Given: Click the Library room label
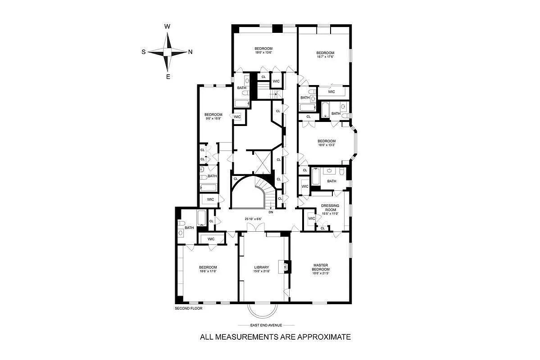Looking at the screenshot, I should pyautogui.click(x=261, y=267).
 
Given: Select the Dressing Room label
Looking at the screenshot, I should pyautogui.click(x=330, y=208).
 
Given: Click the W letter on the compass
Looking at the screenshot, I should pyautogui.click(x=167, y=27).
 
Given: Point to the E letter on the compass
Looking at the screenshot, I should pyautogui.click(x=168, y=76).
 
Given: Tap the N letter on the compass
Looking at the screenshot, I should pyautogui.click(x=190, y=52).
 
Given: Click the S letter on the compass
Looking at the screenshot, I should pyautogui.click(x=144, y=52).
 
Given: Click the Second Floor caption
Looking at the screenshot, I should pyautogui.click(x=188, y=309).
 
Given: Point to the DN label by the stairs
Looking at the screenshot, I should pyautogui.click(x=271, y=212).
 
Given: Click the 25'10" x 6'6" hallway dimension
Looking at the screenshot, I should pyautogui.click(x=253, y=219).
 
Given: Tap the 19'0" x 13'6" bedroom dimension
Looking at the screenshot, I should pyautogui.click(x=263, y=53).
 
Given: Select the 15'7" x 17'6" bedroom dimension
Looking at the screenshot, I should pyautogui.click(x=325, y=57).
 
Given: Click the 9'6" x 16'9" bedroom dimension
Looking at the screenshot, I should pyautogui.click(x=211, y=118).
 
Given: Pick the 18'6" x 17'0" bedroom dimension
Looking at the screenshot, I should pyautogui.click(x=208, y=271).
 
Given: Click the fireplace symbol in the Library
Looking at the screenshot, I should pyautogui.click(x=285, y=266).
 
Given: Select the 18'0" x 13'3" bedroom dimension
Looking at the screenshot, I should pyautogui.click(x=327, y=145).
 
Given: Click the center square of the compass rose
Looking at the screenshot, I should pyautogui.click(x=168, y=52).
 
